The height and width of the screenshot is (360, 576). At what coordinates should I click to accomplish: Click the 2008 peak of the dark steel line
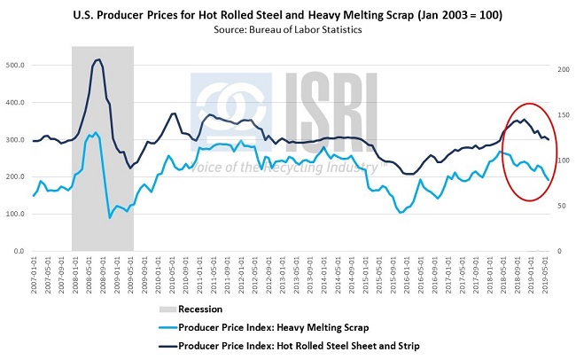[97, 59]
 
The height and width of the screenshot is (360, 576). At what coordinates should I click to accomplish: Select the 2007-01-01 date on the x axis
[33, 274]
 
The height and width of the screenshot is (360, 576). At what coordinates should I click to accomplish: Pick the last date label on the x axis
[547, 274]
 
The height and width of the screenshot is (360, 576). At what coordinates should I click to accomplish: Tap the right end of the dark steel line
[549, 139]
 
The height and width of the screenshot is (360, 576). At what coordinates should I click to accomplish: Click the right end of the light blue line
[549, 181]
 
